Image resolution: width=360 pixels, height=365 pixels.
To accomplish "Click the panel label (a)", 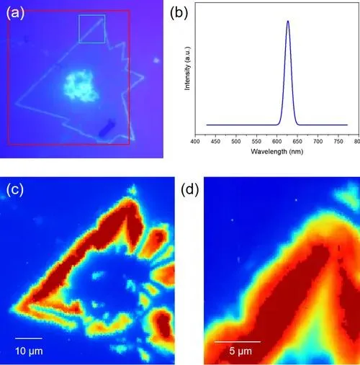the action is (15, 13).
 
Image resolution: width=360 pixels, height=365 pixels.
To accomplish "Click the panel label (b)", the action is (179, 13).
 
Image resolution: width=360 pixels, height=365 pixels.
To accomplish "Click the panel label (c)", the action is (15, 189).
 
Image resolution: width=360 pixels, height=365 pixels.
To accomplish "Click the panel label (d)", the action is (190, 189).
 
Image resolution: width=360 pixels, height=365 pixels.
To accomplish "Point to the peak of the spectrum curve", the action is (288, 21).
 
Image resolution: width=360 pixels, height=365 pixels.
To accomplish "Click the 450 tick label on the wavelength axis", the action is (215, 142).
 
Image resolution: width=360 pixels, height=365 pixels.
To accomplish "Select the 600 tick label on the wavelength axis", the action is (276, 142).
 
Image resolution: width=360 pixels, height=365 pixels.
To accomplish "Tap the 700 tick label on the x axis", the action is (318, 142).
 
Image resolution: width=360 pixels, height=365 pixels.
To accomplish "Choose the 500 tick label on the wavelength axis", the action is (236, 142).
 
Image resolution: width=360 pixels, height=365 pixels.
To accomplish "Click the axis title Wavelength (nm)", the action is (277, 152).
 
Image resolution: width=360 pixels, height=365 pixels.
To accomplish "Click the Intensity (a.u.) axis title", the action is (187, 68).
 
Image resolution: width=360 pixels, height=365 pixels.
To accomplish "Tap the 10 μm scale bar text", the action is (29, 351).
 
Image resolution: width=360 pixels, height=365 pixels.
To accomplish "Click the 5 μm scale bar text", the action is (240, 351).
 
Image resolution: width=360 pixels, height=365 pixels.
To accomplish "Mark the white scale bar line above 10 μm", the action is (29, 338).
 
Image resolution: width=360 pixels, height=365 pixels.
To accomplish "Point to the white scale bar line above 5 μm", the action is (238, 341).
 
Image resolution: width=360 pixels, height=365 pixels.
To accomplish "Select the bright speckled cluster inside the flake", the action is (81, 86).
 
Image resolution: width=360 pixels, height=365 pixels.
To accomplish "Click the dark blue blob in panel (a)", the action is (107, 127).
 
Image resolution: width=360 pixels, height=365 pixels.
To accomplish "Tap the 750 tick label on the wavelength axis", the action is (338, 142).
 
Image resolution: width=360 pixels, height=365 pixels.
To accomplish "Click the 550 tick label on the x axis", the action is (256, 142).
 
